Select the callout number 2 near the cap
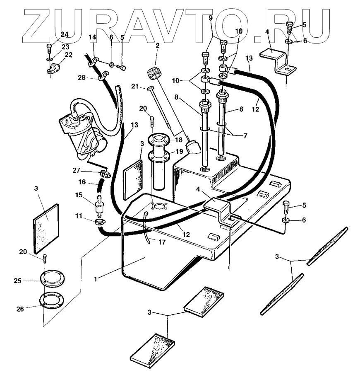tap(157, 46)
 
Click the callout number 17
tap(161, 242)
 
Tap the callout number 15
tap(78, 194)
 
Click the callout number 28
tap(82, 77)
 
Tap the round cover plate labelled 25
tap(51, 279)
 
